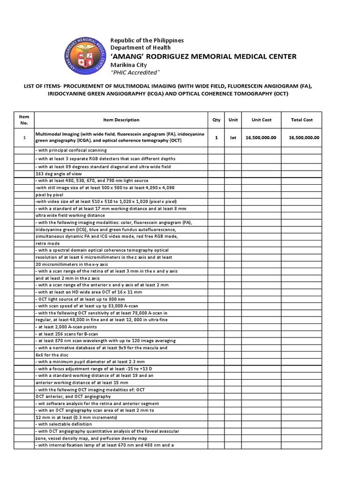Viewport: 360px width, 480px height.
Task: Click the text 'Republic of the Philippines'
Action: click(147, 40)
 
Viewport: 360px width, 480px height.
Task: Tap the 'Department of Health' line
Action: click(140, 48)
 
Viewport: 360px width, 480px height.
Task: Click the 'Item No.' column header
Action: click(24, 120)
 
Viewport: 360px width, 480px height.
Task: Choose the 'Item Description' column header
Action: click(121, 120)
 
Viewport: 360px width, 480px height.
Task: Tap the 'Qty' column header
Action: click(216, 120)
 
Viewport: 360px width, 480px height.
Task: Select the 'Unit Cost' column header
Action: click(262, 120)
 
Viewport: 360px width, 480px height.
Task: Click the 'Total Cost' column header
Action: click(301, 120)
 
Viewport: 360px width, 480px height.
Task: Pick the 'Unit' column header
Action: click(233, 120)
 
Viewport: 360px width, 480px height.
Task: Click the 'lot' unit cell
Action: click(233, 138)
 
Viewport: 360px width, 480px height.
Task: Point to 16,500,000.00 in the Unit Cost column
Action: click(262, 138)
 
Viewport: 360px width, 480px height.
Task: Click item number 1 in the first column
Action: click(24, 138)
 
